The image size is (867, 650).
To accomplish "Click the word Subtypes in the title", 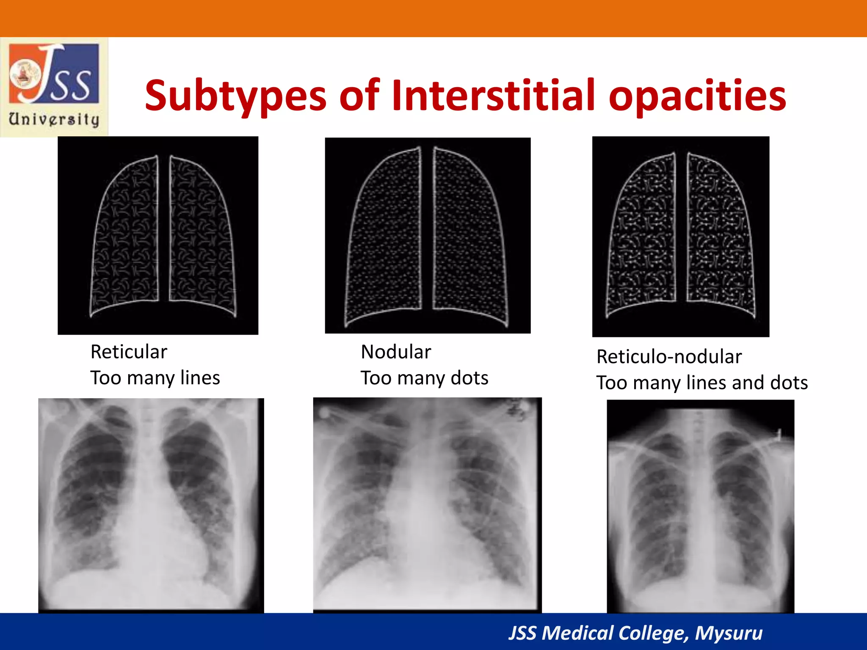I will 235,96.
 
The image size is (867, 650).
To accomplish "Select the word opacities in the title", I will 697,96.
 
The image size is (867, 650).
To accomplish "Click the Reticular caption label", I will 129,352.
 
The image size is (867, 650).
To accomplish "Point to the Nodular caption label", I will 396,352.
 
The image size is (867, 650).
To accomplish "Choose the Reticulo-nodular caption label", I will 669,357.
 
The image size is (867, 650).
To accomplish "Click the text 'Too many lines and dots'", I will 702,383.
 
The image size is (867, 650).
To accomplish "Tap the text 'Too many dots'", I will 424,378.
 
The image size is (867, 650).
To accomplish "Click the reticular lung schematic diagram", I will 158,235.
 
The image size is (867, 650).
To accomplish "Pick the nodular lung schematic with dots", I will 428,235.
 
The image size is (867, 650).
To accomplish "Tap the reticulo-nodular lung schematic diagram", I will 680,236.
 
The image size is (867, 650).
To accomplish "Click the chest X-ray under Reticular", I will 151,505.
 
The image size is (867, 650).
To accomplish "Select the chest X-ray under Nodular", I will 427,504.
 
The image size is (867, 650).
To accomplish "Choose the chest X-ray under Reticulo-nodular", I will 700,506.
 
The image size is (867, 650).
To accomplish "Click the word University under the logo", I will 54,119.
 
